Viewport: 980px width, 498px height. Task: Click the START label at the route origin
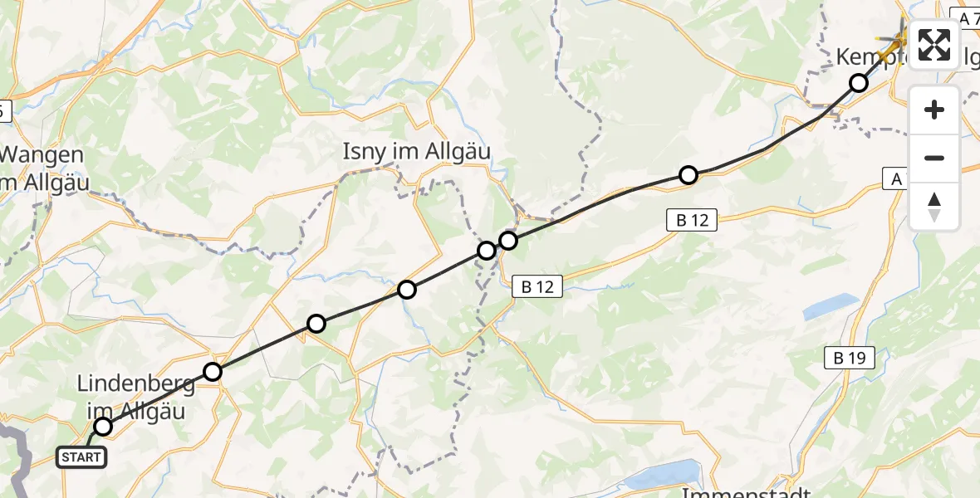coord(81,456)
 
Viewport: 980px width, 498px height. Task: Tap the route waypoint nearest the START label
coord(103,427)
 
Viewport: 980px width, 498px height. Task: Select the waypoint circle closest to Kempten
coord(859,83)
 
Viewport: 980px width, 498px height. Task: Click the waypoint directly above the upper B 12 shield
coord(688,175)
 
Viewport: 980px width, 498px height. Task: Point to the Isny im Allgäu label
coord(417,152)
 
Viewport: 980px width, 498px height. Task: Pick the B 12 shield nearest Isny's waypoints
coord(537,287)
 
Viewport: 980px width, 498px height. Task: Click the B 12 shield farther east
coord(689,220)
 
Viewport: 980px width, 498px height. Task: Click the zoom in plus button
coord(934,110)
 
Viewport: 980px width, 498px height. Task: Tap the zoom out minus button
coord(934,158)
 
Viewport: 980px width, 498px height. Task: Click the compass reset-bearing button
coord(934,205)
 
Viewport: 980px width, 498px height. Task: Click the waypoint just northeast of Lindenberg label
coord(213,372)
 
